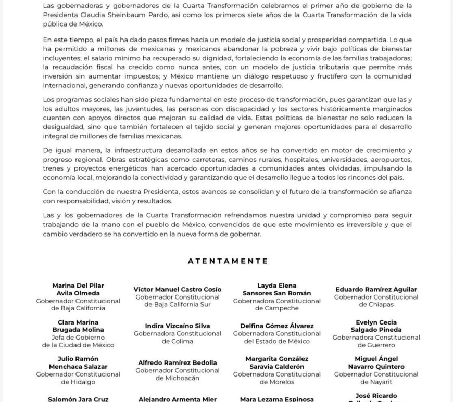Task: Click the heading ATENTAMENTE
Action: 228,261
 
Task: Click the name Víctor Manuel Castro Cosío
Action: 178,289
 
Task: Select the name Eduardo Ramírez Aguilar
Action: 376,289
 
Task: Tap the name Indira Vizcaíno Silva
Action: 178,326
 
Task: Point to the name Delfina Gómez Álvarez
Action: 276,326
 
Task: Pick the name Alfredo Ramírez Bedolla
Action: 178,362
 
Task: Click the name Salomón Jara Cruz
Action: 78,399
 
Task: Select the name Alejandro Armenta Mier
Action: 178,399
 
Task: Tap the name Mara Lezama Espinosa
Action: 276,399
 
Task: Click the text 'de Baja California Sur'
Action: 178,304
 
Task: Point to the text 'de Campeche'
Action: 276,308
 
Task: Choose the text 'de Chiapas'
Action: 376,304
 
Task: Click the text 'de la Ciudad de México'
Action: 78,345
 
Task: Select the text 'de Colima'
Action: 178,341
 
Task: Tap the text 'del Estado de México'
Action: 276,341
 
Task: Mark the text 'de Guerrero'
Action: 376,345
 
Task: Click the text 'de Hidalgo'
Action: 78,382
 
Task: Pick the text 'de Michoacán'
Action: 178,378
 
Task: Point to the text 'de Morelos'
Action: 276,382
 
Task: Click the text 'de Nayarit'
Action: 376,382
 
